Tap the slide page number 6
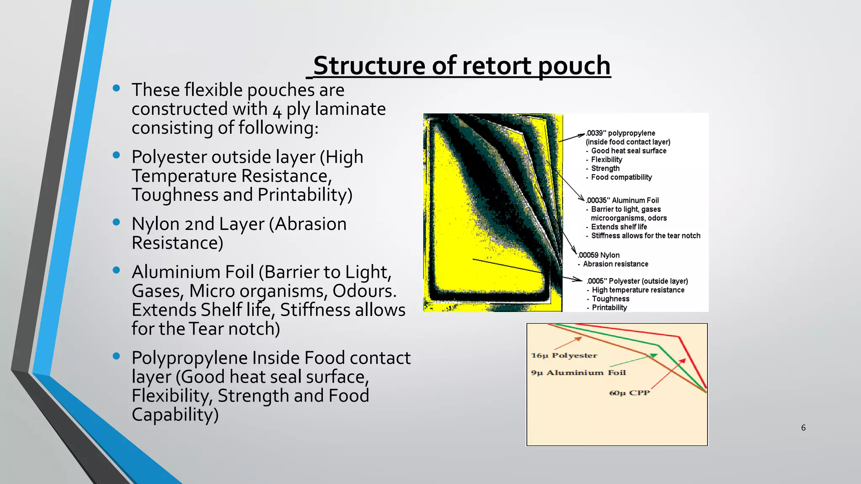pos(803,428)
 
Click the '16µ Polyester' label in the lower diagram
pos(564,355)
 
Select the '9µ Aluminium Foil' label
pos(578,373)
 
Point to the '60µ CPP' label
pos(629,393)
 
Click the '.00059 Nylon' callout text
pos(599,255)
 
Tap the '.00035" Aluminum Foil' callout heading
pos(622,200)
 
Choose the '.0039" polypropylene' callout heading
pos(621,133)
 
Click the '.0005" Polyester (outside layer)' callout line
pos(637,281)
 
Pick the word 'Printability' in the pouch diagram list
pos(609,308)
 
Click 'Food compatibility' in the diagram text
pos(621,177)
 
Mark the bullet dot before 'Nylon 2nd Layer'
pos(116,222)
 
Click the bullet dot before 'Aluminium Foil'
pos(116,270)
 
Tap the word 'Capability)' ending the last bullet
pos(175,415)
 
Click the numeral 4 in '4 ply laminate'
pos(277,110)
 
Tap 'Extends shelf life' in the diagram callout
pos(619,227)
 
